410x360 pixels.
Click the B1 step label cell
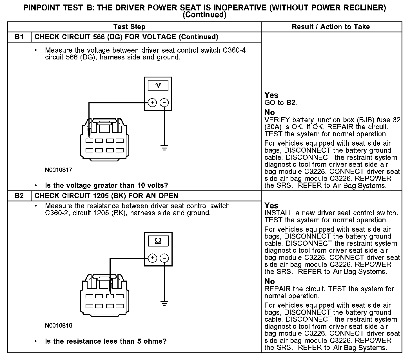click(x=19, y=37)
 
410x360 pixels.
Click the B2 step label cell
click(x=19, y=196)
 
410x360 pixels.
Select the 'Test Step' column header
click(x=129, y=27)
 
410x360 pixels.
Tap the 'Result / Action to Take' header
click(x=331, y=27)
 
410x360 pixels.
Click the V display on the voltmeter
click(x=158, y=85)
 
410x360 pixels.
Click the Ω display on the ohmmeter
click(x=158, y=241)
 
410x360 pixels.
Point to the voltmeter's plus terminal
click(x=152, y=103)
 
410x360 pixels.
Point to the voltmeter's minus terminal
click(x=164, y=103)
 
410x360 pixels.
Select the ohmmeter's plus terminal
click(x=152, y=258)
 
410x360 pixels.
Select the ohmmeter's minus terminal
click(x=164, y=258)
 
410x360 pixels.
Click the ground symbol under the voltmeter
click(x=164, y=148)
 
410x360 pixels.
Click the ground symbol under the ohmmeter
click(x=164, y=303)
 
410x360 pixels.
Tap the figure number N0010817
click(x=59, y=170)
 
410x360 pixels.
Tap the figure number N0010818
click(x=59, y=326)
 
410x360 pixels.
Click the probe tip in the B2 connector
click(x=110, y=292)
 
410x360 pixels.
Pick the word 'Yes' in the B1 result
click(x=271, y=95)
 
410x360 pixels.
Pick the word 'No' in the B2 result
click(x=269, y=281)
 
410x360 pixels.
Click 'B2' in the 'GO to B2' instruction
click(x=291, y=103)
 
